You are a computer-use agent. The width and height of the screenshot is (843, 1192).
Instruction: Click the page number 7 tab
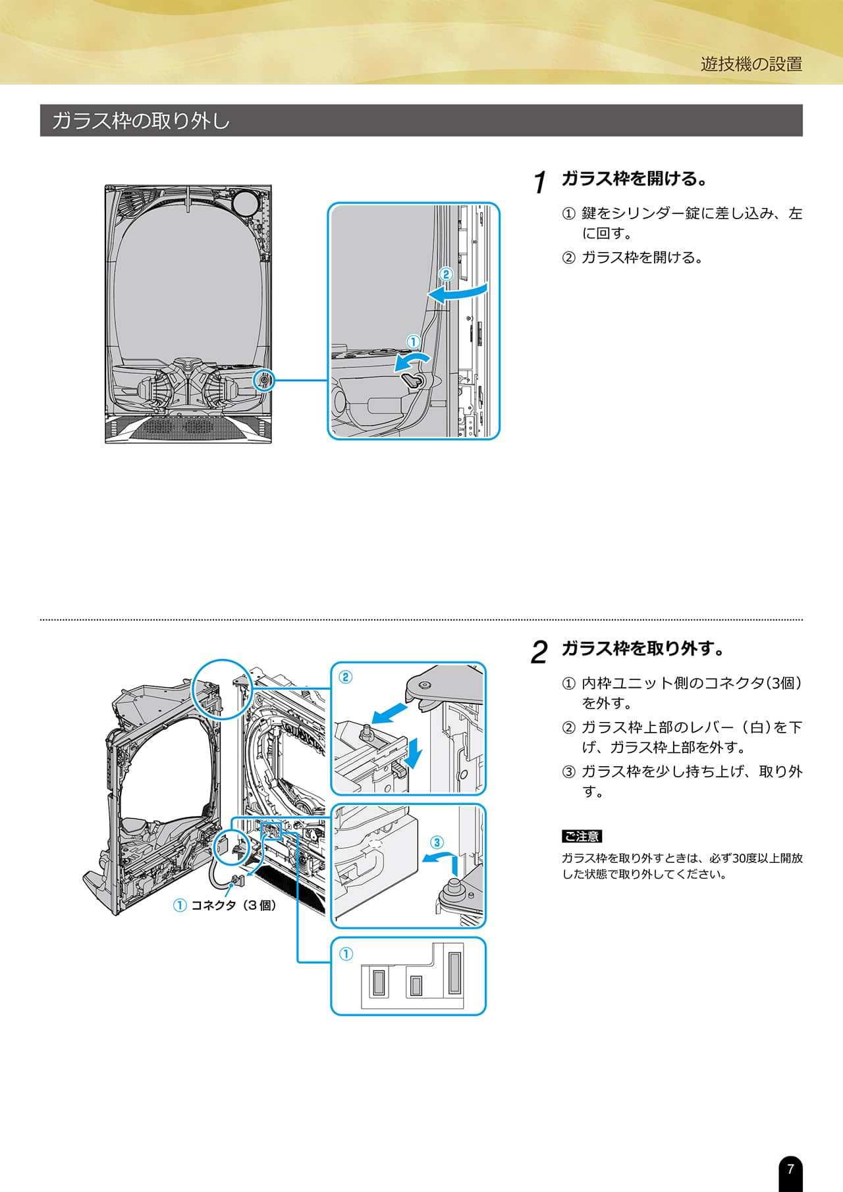point(790,1170)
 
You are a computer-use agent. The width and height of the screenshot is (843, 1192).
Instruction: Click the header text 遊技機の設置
point(751,64)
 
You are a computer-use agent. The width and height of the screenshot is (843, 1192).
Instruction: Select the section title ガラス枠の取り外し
point(140,120)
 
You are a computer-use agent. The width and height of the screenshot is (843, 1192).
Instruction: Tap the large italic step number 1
point(540,182)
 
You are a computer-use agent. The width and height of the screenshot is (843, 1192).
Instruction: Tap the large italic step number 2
point(539,652)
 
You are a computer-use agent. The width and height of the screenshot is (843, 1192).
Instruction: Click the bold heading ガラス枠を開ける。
point(634,178)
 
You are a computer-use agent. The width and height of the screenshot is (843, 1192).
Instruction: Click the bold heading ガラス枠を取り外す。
point(643,648)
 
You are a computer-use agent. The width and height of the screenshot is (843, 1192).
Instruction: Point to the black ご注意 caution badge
point(582,836)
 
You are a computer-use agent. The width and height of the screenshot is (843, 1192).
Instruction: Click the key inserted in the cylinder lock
point(412,380)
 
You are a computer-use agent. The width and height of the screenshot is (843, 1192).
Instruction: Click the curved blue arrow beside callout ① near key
point(412,361)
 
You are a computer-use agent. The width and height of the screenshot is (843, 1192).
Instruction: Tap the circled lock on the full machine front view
point(264,380)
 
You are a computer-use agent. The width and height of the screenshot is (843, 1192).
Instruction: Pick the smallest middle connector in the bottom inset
point(416,985)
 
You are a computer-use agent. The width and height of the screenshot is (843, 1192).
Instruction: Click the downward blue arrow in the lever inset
point(413,753)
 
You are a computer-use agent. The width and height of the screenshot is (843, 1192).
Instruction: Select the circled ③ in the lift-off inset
point(437,842)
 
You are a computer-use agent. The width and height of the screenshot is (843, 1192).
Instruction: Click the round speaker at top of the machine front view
point(245,203)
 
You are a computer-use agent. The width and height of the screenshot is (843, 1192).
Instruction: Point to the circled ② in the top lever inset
point(346,677)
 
